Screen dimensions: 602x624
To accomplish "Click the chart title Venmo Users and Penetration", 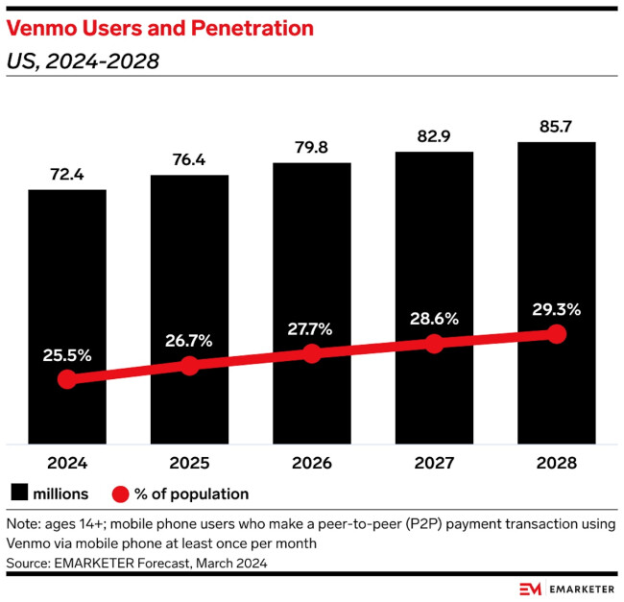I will [x=160, y=29].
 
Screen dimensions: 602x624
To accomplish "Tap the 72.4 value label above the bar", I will [x=66, y=175].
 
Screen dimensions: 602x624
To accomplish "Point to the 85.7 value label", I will [x=556, y=127].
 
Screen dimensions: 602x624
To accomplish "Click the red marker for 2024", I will [x=66, y=379].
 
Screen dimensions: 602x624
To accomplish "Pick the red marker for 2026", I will [x=311, y=353].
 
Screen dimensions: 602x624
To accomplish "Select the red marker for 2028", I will [x=556, y=334].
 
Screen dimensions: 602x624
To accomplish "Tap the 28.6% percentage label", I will [x=434, y=318].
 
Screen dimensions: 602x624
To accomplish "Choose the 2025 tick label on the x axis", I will [x=189, y=463].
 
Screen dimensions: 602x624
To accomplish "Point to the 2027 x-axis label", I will [x=434, y=463].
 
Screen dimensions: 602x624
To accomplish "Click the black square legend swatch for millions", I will [x=18, y=494].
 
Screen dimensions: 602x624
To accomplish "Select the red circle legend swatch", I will [x=120, y=494].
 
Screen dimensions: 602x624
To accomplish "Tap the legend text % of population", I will [x=192, y=494].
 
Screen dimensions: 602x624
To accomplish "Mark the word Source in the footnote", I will [x=30, y=561].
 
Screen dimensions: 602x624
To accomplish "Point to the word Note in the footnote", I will [x=24, y=525].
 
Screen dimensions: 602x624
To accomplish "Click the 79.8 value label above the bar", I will [x=311, y=148].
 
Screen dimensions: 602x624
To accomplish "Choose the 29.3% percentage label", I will [x=556, y=309].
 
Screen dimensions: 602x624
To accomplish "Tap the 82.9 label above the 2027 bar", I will [x=434, y=137].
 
